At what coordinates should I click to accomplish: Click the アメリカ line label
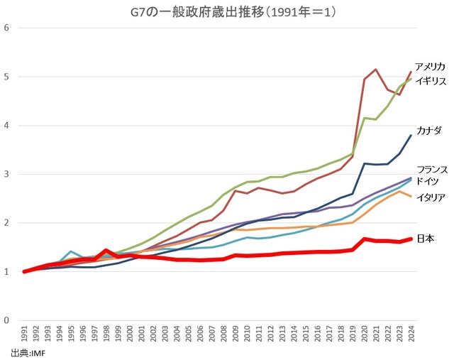coord(430,66)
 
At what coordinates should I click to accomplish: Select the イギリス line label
coord(430,80)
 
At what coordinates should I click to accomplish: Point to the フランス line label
coord(431,170)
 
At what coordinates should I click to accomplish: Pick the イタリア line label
coord(430,197)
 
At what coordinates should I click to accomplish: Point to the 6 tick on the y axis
coord(6,28)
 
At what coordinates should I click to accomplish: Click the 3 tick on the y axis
coord(6,174)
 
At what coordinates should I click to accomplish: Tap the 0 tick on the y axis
coord(6,320)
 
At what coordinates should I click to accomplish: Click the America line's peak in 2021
coord(376,70)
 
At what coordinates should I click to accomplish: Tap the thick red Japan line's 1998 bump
coord(106,251)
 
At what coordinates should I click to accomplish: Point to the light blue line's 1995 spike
coord(72,251)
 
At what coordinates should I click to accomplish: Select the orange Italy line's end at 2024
coord(411,197)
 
